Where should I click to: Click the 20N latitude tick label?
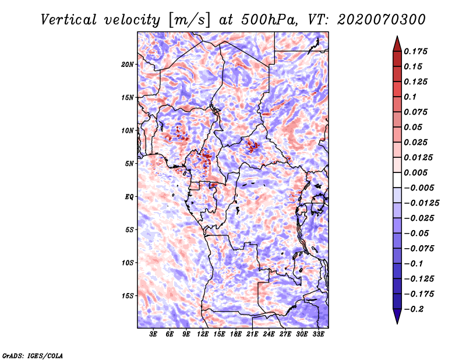(x=128, y=65)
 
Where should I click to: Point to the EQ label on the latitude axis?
(x=129, y=197)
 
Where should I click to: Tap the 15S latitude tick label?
(x=128, y=296)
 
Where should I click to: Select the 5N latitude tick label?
(x=129, y=164)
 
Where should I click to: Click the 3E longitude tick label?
(x=153, y=334)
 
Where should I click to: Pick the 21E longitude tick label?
(x=252, y=334)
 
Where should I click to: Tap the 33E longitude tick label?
(x=318, y=334)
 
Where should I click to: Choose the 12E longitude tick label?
(x=203, y=334)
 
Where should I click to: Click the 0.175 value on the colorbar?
(x=415, y=51)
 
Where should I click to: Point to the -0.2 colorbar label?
(x=414, y=309)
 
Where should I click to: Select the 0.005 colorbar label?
(x=415, y=172)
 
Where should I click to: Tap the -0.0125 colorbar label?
(x=421, y=203)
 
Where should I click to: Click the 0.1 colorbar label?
(x=410, y=97)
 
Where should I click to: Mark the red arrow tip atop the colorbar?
(x=397, y=36)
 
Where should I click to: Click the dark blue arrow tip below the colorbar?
(x=397, y=323)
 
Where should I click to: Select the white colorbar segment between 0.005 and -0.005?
(x=397, y=180)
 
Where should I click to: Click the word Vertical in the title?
(x=69, y=20)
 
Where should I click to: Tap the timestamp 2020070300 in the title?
(x=382, y=20)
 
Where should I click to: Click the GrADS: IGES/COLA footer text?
(x=33, y=356)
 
